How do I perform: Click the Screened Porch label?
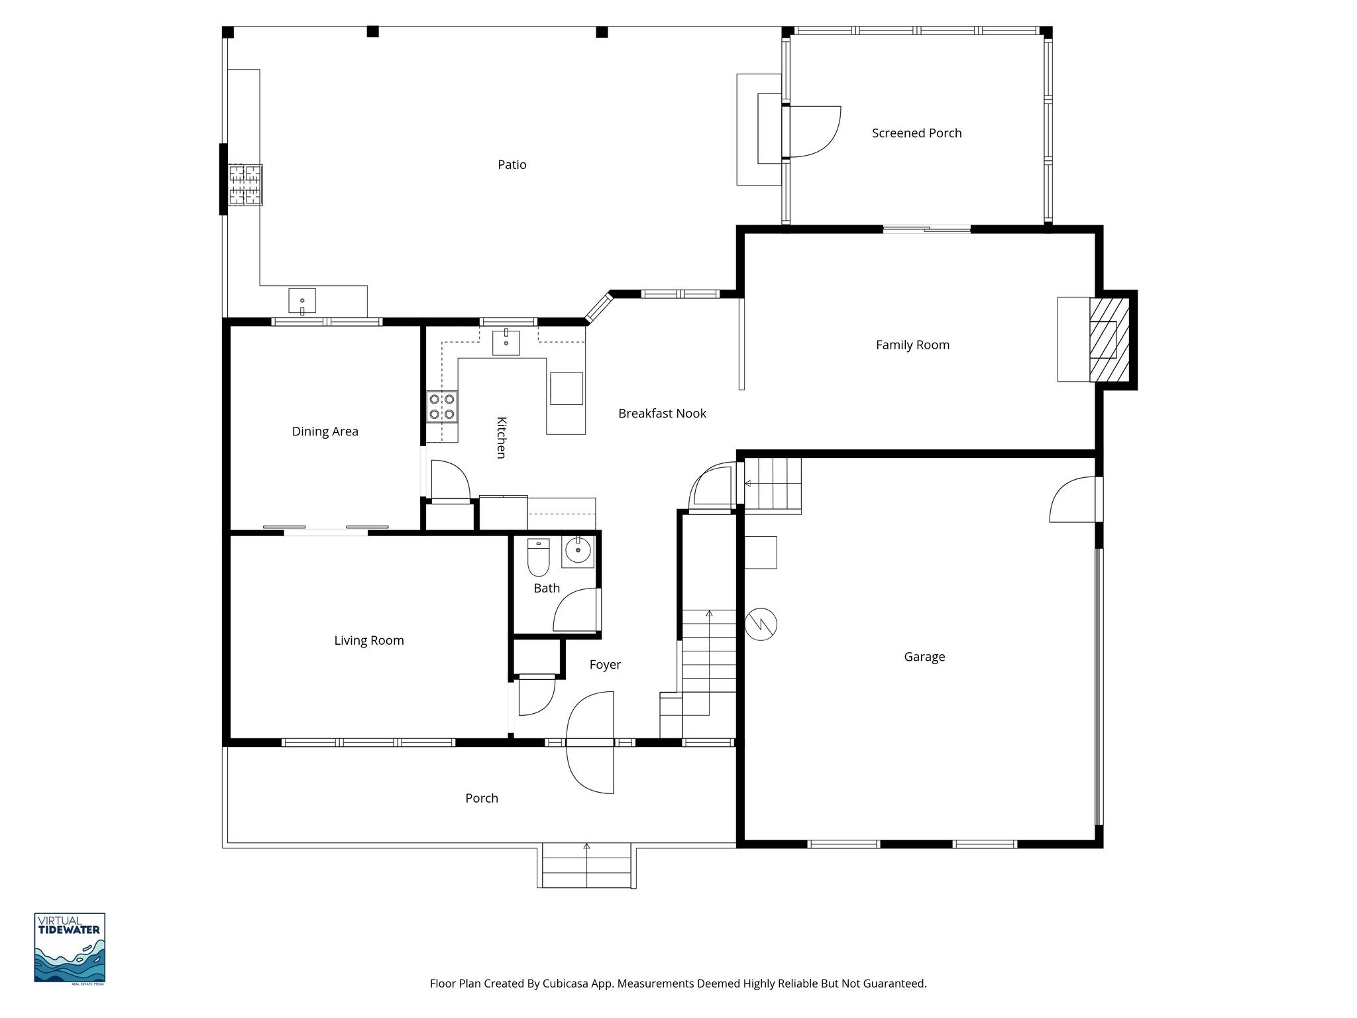point(916,133)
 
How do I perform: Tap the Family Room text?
point(912,345)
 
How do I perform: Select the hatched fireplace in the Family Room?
point(1109,340)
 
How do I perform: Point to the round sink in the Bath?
point(578,551)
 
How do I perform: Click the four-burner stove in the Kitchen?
point(442,406)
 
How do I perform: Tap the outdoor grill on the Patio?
point(245,184)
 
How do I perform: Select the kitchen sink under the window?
point(506,343)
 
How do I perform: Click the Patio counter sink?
point(302,301)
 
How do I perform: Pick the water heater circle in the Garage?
point(761,624)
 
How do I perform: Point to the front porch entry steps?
point(586,865)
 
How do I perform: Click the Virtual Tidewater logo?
point(70,948)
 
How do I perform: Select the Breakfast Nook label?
point(662,414)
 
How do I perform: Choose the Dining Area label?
point(325,431)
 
